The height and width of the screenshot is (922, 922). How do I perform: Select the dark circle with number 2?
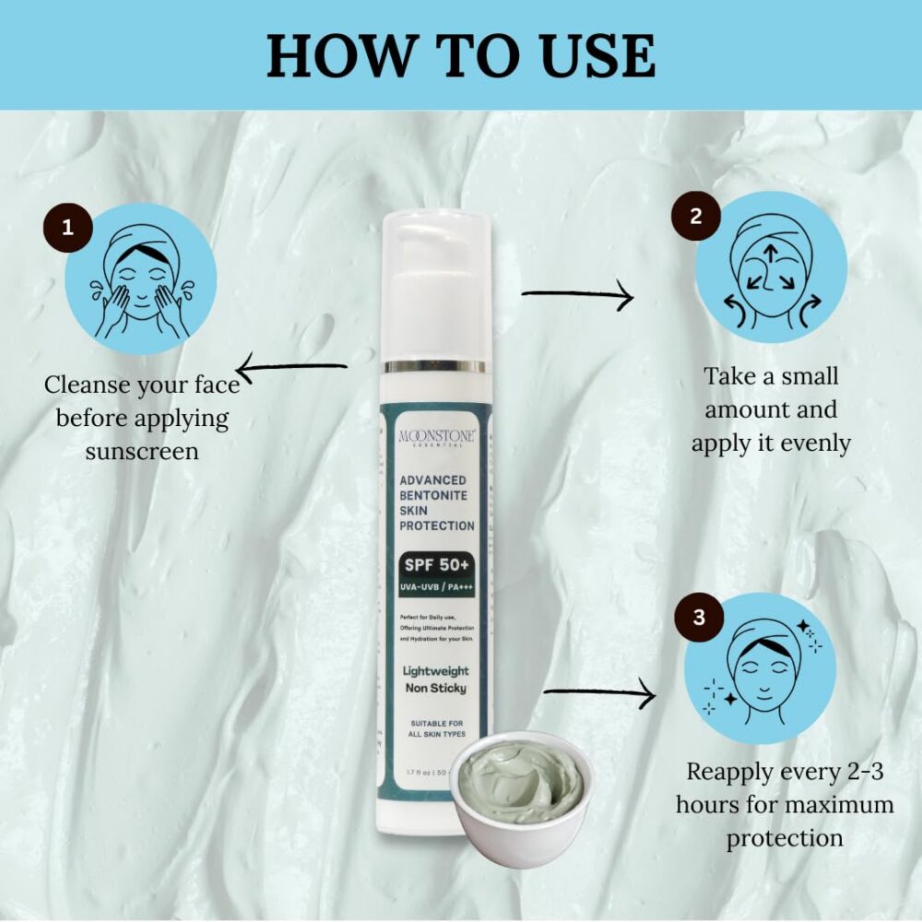click(x=696, y=217)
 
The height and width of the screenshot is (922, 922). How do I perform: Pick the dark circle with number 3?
click(x=699, y=617)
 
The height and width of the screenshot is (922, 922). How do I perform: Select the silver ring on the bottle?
click(x=435, y=366)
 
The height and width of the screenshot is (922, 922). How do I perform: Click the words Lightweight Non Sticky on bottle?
click(x=436, y=679)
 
